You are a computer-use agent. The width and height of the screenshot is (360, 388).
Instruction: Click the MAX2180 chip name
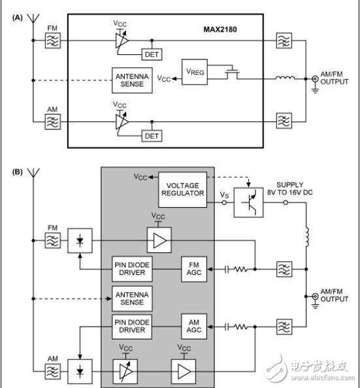click(x=231, y=30)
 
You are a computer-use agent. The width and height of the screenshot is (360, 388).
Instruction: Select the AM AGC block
click(x=195, y=325)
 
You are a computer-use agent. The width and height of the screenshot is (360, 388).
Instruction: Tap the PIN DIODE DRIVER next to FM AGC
click(x=133, y=268)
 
